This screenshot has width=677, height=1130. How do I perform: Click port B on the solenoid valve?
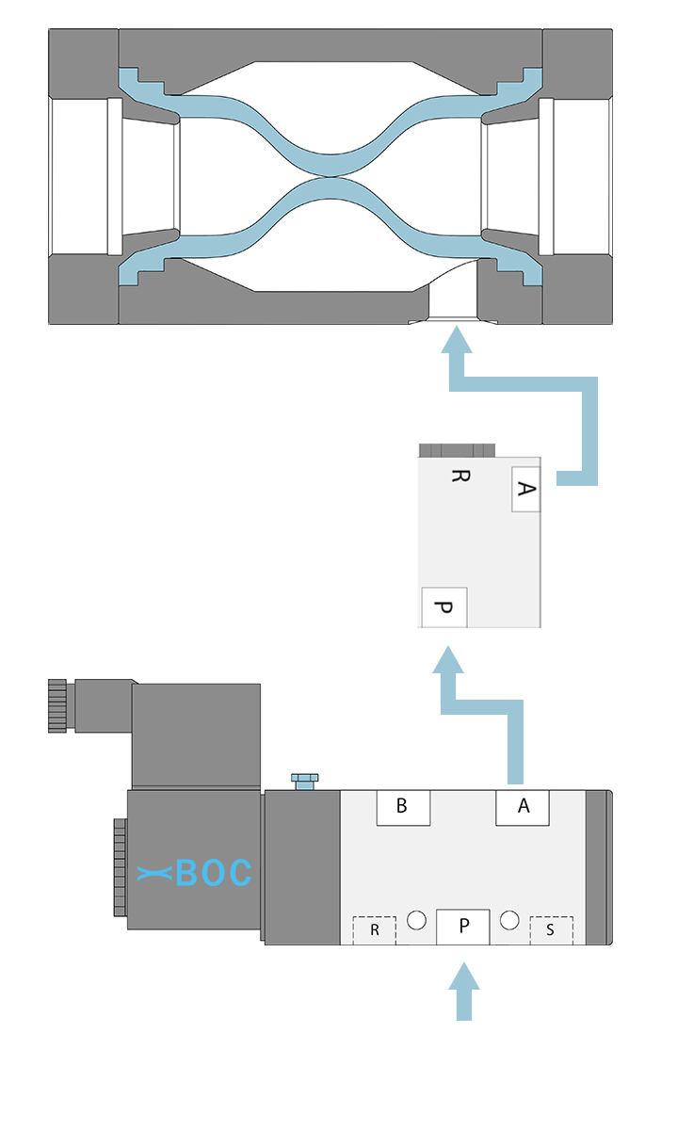point(403,807)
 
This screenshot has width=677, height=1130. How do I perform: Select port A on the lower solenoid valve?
point(523,807)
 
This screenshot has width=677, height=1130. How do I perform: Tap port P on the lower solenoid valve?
point(462,927)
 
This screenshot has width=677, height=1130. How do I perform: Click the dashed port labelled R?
point(374,929)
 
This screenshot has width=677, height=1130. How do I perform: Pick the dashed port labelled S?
point(550,929)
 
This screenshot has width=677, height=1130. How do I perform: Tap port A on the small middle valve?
point(526,489)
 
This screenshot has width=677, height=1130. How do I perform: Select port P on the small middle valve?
point(444,607)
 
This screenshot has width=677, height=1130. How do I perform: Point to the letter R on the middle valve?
point(459,476)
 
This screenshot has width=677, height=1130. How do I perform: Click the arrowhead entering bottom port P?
point(462,976)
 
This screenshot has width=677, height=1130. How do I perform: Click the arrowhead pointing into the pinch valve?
point(458,340)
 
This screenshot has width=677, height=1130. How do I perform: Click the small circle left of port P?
point(417,919)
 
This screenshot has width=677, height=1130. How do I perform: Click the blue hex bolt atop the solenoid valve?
point(304,781)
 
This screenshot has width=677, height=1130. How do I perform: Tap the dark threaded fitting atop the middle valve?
point(458,449)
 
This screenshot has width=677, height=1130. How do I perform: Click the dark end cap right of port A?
point(599,866)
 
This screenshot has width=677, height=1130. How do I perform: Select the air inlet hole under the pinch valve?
point(455,305)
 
